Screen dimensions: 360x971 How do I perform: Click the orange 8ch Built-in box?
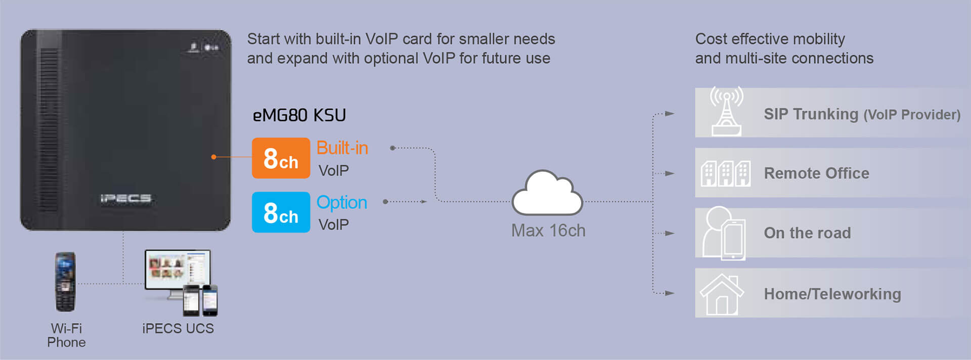(x=281, y=158)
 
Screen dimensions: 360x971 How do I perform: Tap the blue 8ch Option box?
(x=281, y=212)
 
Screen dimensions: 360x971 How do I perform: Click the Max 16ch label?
(x=548, y=231)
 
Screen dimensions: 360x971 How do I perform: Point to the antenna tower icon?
(x=726, y=112)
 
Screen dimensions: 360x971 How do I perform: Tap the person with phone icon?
(x=724, y=233)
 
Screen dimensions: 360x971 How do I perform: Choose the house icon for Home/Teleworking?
(x=722, y=294)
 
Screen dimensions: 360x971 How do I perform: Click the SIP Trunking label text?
(x=811, y=114)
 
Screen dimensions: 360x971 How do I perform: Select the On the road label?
(x=807, y=233)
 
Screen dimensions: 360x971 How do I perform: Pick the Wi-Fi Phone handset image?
(x=65, y=282)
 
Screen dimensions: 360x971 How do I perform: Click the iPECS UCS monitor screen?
(x=177, y=268)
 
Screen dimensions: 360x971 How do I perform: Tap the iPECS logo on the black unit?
(x=125, y=198)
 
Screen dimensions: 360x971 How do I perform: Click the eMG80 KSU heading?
(x=299, y=115)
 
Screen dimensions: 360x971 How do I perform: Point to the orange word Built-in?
(x=342, y=148)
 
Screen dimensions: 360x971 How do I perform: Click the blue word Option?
(x=341, y=202)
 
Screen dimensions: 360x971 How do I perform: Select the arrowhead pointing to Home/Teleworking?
(x=670, y=293)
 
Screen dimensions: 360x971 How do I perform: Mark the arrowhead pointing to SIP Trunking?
(x=670, y=114)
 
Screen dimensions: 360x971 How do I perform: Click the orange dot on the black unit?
(x=213, y=157)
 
